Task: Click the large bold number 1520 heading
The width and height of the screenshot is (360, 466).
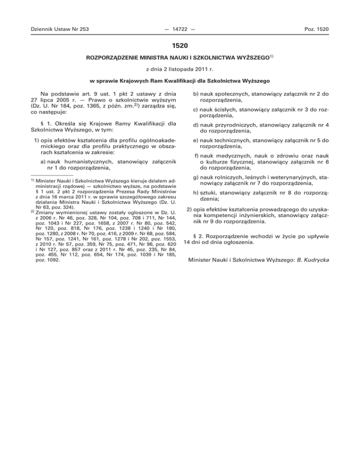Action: point(180,45)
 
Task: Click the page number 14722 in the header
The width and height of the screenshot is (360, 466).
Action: point(180,30)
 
